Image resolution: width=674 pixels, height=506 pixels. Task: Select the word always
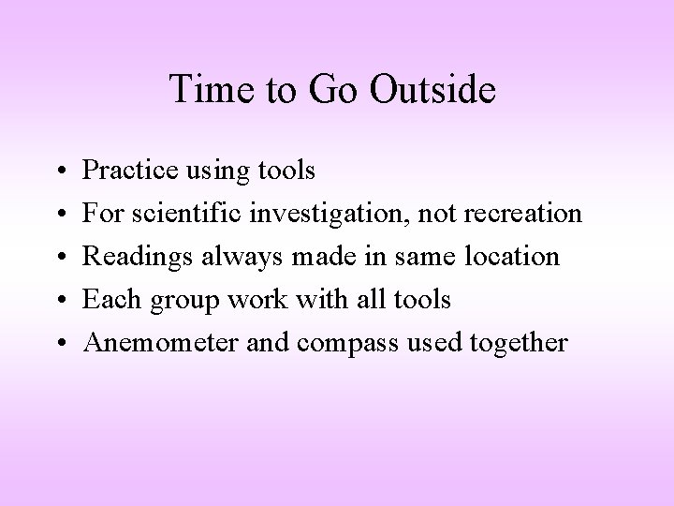coord(223,257)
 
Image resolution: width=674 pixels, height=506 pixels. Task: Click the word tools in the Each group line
coord(424,300)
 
